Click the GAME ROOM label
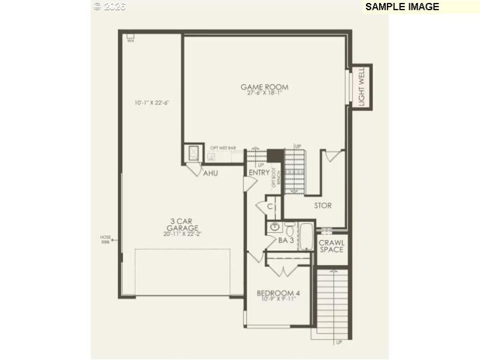click(x=264, y=87)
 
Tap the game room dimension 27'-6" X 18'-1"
click(x=264, y=94)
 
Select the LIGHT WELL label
click(x=362, y=86)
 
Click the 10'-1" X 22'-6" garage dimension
click(x=152, y=103)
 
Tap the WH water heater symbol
click(x=130, y=37)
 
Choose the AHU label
click(x=210, y=173)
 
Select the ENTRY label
click(x=259, y=173)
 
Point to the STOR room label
click(x=323, y=206)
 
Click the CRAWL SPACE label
click(x=331, y=246)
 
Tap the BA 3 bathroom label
click(x=286, y=241)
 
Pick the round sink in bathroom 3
click(x=275, y=227)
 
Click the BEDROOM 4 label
click(x=278, y=293)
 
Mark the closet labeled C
click(x=270, y=206)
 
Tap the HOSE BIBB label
click(x=106, y=239)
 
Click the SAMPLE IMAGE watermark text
click(x=402, y=7)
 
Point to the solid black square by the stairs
click(x=274, y=155)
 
